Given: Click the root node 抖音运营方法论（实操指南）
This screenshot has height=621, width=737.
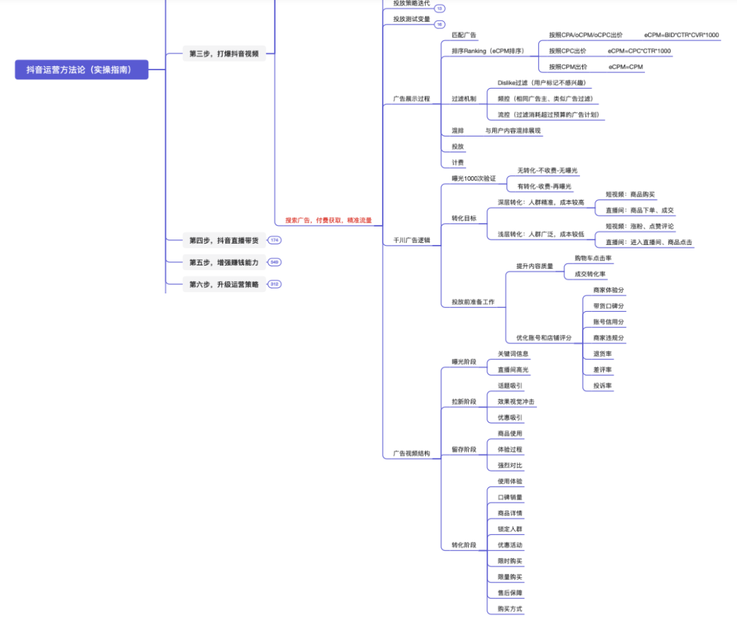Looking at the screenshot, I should pyautogui.click(x=81, y=69).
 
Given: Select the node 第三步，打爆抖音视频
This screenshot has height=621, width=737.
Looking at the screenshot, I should pyautogui.click(x=224, y=53).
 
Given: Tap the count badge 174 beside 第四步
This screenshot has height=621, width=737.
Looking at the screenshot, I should pyautogui.click(x=274, y=240).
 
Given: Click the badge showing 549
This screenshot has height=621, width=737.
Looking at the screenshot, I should pyautogui.click(x=274, y=262).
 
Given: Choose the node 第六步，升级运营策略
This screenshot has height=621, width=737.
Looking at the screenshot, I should pyautogui.click(x=224, y=284).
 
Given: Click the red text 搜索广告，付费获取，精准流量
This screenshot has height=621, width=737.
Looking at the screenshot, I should pyautogui.click(x=328, y=220).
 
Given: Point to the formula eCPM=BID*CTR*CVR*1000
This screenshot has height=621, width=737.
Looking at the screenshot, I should pyautogui.click(x=681, y=35).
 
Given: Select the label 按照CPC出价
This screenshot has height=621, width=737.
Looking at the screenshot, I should pyautogui.click(x=568, y=50).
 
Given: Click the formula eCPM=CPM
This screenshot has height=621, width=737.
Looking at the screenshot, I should pyautogui.click(x=626, y=67).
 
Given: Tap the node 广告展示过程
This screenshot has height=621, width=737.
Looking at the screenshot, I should pyautogui.click(x=411, y=99).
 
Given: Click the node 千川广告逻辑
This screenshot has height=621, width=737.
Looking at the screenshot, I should pyautogui.click(x=411, y=241).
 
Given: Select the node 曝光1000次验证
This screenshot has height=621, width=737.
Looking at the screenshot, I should pyautogui.click(x=474, y=178).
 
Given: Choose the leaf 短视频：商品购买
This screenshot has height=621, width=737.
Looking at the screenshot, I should pyautogui.click(x=630, y=194).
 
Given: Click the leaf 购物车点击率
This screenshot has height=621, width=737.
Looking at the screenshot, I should pyautogui.click(x=593, y=258).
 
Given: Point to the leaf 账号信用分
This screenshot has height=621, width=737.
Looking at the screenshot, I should pyautogui.click(x=608, y=322).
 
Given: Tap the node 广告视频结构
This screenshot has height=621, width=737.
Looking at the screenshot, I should pyautogui.click(x=411, y=454).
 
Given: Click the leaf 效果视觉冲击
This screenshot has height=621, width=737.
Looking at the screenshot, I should pyautogui.click(x=516, y=401).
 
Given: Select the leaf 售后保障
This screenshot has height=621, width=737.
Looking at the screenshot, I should pyautogui.click(x=510, y=593).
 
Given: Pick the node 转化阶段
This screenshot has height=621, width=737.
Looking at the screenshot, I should pyautogui.click(x=464, y=545).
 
